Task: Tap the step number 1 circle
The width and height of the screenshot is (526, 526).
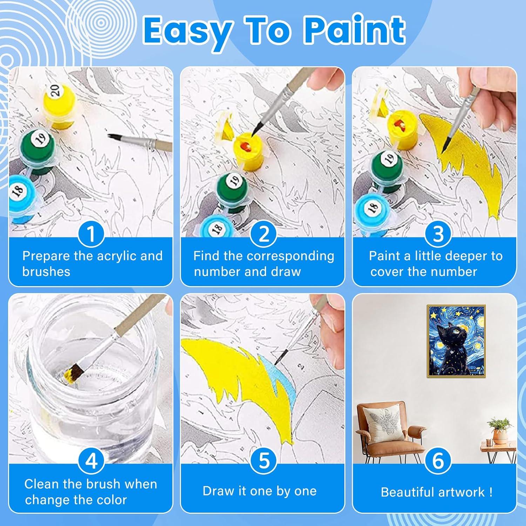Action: [91, 234]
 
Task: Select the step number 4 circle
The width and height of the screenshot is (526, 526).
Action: [91, 461]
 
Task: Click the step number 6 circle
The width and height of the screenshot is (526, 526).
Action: [438, 461]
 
